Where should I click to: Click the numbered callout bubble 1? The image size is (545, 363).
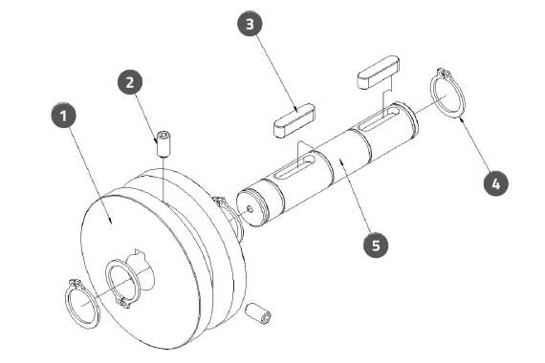tap(63, 116)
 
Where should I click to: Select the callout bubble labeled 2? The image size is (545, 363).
tap(130, 82)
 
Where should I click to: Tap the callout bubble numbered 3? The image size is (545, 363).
tap(250, 24)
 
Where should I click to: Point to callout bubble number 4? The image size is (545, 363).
tap(496, 183)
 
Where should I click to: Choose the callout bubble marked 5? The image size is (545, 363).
tap(376, 246)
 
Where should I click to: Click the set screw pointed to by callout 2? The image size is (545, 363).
tap(164, 144)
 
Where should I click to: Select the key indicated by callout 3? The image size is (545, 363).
tap(294, 119)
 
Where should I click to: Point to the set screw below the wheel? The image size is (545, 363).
tap(258, 313)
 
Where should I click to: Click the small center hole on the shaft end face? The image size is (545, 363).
tap(250, 208)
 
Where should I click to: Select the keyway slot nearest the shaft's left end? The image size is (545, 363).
tap(294, 167)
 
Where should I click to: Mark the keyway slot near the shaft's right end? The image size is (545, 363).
tap(379, 118)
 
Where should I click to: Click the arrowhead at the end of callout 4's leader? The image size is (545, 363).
tap(461, 119)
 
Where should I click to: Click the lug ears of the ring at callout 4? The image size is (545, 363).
tap(443, 73)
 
